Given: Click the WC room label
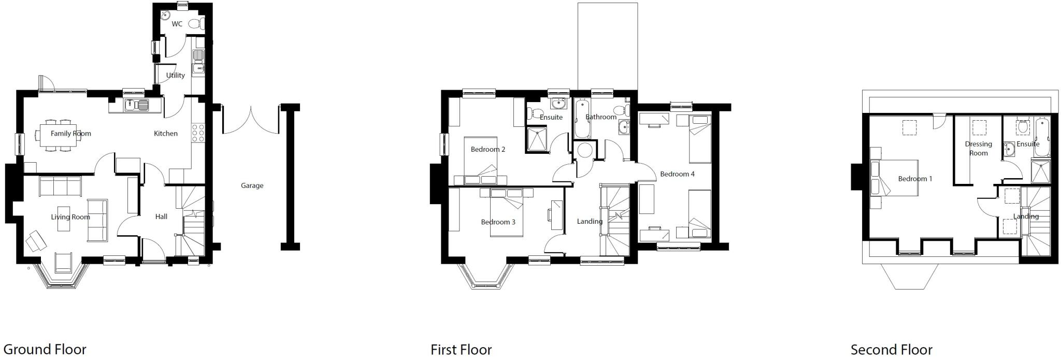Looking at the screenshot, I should click(x=177, y=24).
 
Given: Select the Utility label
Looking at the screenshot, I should click(x=175, y=75).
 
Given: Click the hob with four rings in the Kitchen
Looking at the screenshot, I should click(x=198, y=133).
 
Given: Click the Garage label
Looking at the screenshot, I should click(x=252, y=185).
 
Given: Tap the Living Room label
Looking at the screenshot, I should click(x=70, y=217).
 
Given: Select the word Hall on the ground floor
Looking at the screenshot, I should click(x=161, y=217).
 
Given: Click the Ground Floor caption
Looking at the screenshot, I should click(x=45, y=350).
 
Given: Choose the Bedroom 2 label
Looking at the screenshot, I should click(x=488, y=149).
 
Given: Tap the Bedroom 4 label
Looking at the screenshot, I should click(x=677, y=174).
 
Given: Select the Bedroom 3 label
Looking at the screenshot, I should click(x=498, y=222).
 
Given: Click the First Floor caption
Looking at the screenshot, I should click(x=461, y=350).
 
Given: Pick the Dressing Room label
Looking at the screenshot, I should click(x=978, y=148).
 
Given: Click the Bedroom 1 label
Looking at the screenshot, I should click(x=915, y=179).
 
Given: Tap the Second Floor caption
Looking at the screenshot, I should click(x=891, y=350).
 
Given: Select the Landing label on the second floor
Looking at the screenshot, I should click(x=1026, y=217).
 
